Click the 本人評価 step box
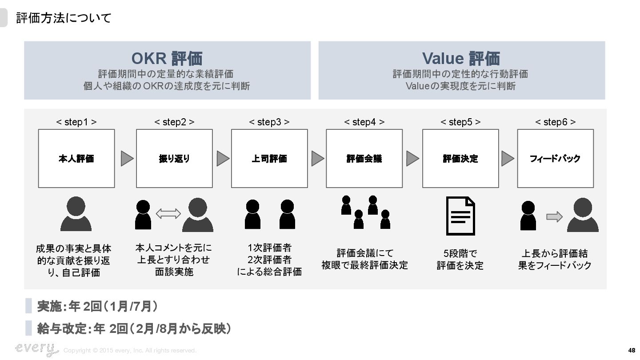tap(76, 158)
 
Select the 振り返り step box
tap(174, 158)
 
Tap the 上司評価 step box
tap(269, 158)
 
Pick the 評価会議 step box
tap(364, 158)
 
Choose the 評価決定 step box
tap(460, 158)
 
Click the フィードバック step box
tap(555, 158)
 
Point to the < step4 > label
tap(364, 122)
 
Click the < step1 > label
tap(76, 122)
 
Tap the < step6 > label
tap(555, 122)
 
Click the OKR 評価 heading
tap(167, 58)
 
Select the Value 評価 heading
tap(461, 58)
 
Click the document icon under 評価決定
tap(460, 216)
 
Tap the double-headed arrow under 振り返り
tap(168, 214)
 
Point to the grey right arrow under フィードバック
tap(554, 216)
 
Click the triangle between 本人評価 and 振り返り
tap(127, 158)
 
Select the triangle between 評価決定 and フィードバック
tap(507, 158)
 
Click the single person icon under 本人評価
tap(76, 214)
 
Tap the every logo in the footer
tap(36, 348)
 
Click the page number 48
tap(632, 350)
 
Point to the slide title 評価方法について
tap(64, 18)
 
